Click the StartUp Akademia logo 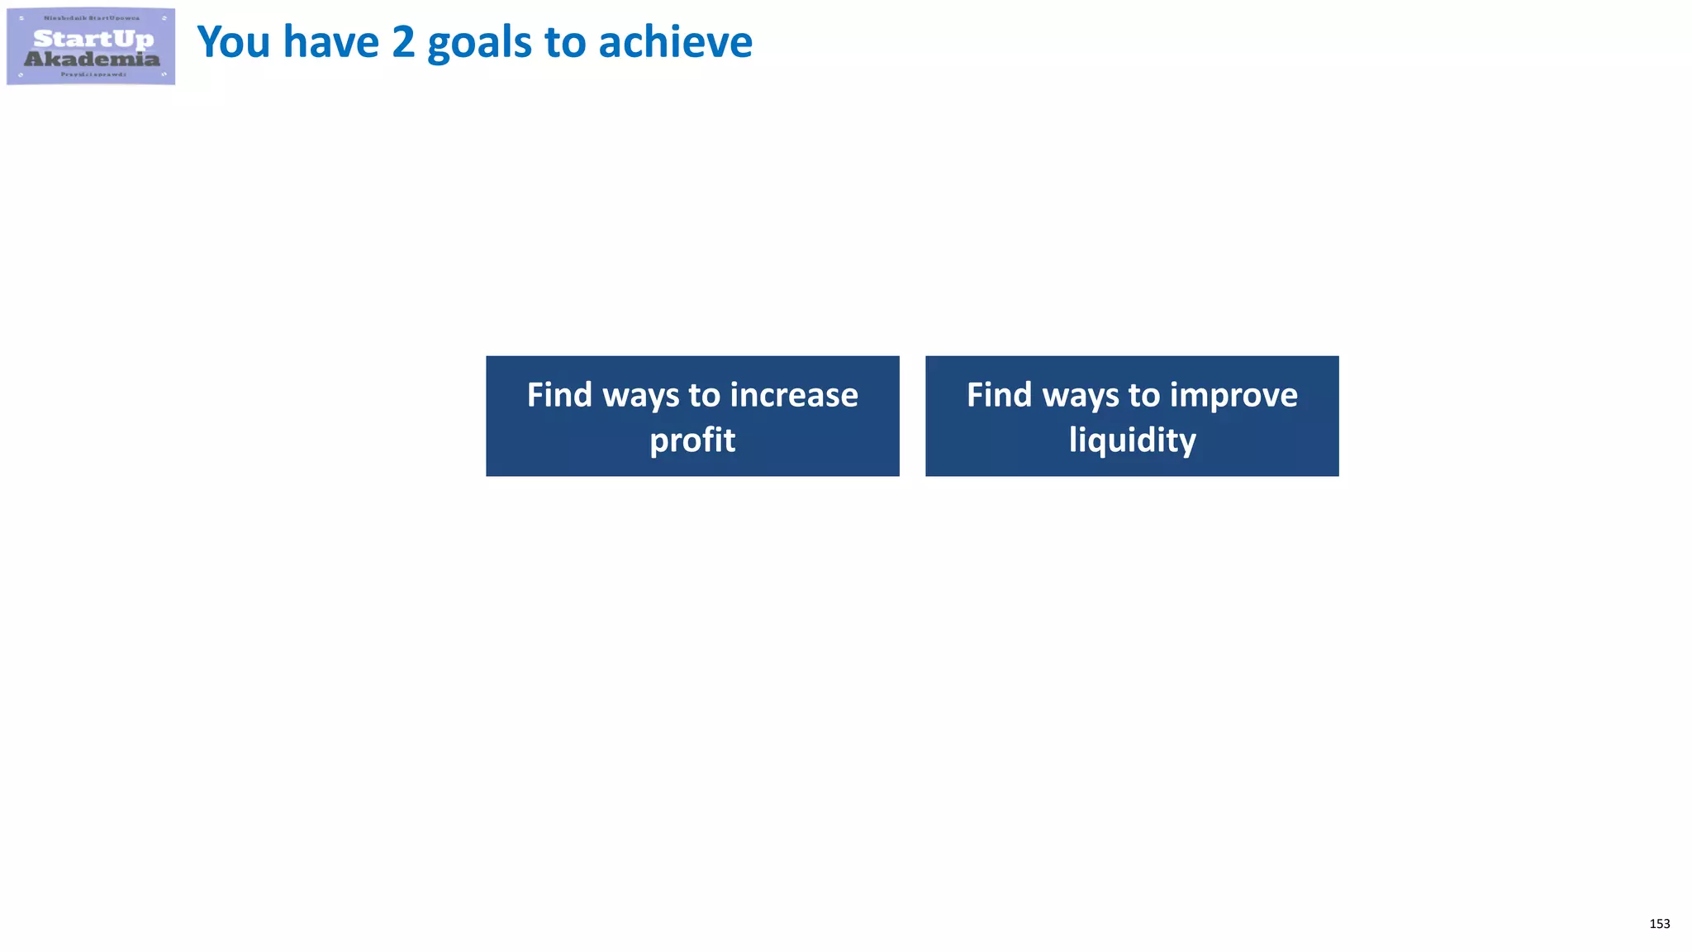click(x=91, y=46)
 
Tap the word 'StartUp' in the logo click(x=93, y=38)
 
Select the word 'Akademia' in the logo click(x=92, y=59)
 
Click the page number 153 click(x=1659, y=924)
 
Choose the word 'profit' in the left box click(x=692, y=440)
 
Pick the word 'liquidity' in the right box click(x=1132, y=440)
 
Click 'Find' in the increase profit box click(x=559, y=395)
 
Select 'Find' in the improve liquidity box click(x=999, y=395)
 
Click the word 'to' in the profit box click(x=705, y=395)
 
